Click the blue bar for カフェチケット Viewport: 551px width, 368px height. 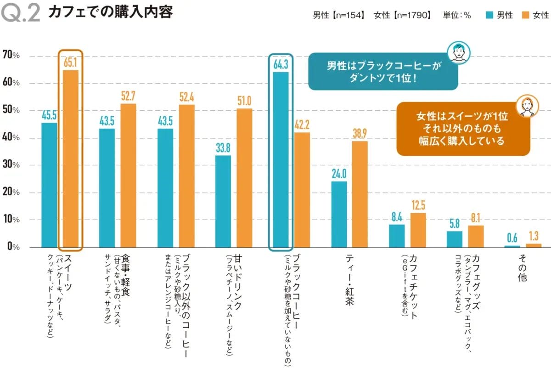[x=397, y=236]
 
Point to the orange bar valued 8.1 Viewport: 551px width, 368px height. [x=476, y=236]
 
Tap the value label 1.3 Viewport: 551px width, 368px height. [x=533, y=236]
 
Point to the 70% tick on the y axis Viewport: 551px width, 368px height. [x=11, y=56]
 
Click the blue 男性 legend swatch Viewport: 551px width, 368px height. [x=490, y=15]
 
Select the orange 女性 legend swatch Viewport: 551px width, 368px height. [x=526, y=15]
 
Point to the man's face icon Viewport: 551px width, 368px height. [x=458, y=51]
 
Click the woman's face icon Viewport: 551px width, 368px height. [x=526, y=106]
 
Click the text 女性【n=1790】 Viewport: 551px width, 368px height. [x=403, y=15]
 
